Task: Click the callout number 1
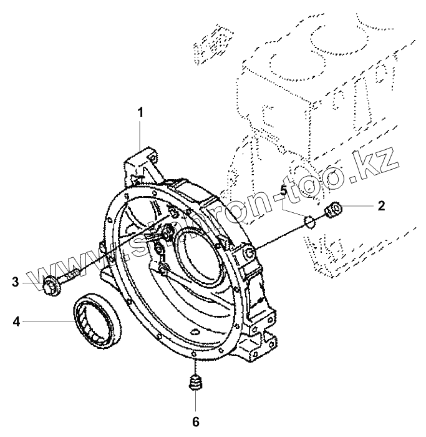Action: pyautogui.click(x=141, y=112)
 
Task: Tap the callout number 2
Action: pyautogui.click(x=381, y=205)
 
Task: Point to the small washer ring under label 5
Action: pyautogui.click(x=307, y=220)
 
